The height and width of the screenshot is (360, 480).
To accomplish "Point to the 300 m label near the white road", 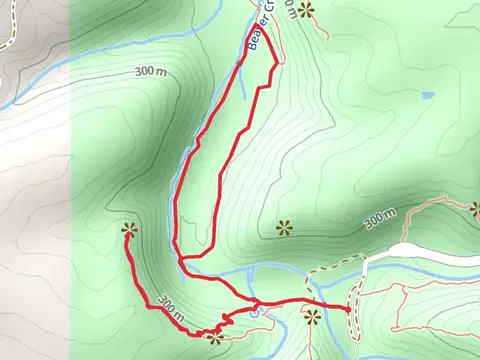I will coord(380,217).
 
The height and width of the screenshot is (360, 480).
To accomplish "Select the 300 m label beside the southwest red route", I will coord(171,305).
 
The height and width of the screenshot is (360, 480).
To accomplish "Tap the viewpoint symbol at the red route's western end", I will coord(127,231).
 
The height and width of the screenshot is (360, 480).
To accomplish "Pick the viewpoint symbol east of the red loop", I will coord(284,227).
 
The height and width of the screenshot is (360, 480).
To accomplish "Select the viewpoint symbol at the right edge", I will coord(475,209).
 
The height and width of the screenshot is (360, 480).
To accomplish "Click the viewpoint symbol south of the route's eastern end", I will coord(313,319).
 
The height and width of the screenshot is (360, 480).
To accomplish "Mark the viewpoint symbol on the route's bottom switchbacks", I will coord(213,337).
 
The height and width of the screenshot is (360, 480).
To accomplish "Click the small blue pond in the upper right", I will coord(428,96).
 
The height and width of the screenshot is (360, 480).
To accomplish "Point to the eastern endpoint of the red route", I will coord(349,310).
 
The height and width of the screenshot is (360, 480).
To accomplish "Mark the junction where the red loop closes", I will coord(180,258).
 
